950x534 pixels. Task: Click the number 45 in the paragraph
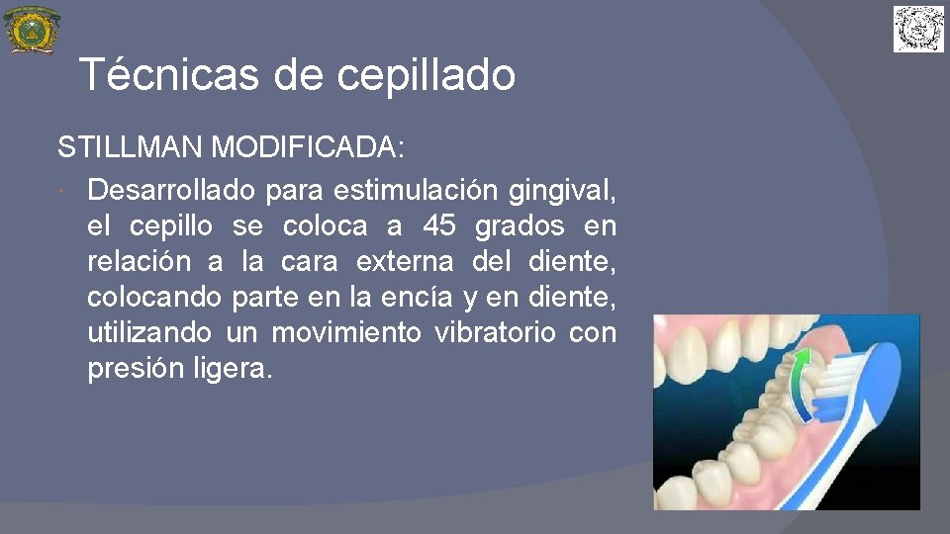point(438,226)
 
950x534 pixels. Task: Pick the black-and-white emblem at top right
point(918,29)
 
